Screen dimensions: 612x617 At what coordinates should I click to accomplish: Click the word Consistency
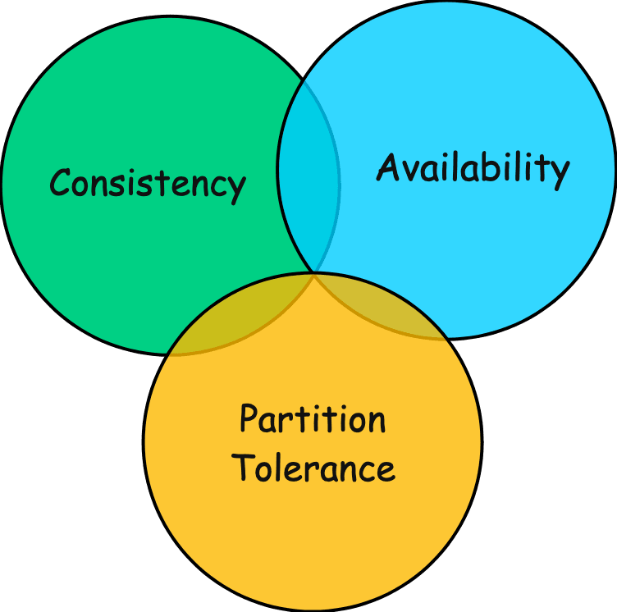tap(148, 183)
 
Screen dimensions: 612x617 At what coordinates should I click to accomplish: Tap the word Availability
tap(473, 169)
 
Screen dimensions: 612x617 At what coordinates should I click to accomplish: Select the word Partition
tap(313, 420)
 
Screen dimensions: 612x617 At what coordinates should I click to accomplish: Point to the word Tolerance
tap(313, 468)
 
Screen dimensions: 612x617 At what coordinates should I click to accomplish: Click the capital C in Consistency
tap(62, 182)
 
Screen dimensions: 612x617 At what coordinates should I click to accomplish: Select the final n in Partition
tap(376, 422)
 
